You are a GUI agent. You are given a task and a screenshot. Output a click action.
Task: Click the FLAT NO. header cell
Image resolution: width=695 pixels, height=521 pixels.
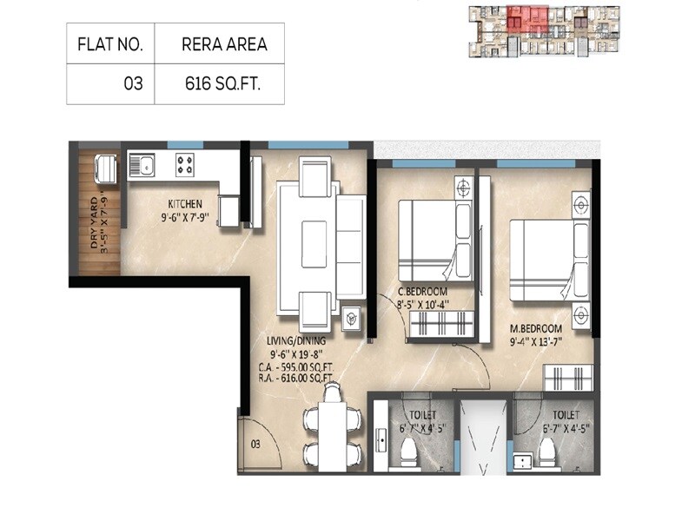pos(110,43)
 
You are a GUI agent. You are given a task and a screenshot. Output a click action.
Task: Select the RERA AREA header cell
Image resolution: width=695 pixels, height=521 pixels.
pos(219,43)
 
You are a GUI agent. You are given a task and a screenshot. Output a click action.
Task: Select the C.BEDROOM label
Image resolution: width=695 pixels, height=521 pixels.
pos(425,291)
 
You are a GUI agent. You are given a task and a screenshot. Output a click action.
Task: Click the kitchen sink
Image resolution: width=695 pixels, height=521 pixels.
pos(142,163)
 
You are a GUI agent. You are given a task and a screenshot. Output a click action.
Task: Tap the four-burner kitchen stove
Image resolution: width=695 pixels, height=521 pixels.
pos(185,162)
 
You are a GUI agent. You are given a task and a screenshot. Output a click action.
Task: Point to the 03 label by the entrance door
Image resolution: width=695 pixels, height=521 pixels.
pos(255,444)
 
